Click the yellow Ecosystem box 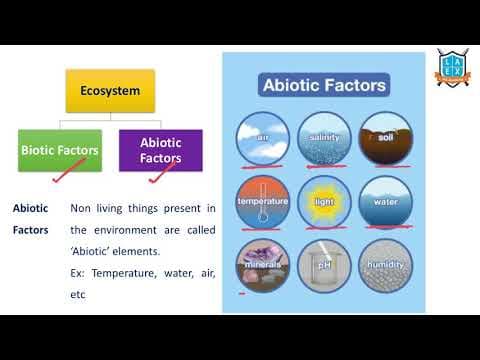click(x=110, y=91)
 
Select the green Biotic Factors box click(x=59, y=150)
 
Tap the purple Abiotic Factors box click(x=160, y=150)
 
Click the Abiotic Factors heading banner click(x=323, y=85)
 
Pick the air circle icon click(x=262, y=137)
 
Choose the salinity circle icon click(x=324, y=137)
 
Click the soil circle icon click(x=385, y=137)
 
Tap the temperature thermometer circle click(x=262, y=201)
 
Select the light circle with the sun click(x=324, y=201)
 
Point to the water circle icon click(x=385, y=201)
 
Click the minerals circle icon click(x=262, y=265)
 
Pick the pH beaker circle click(x=324, y=265)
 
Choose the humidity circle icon click(x=385, y=265)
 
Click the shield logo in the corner click(x=452, y=68)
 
